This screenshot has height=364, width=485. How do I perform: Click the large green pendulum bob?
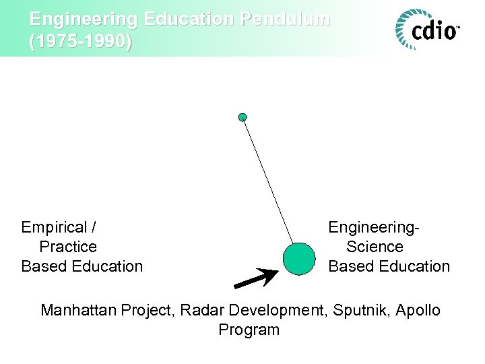pyautogui.click(x=299, y=259)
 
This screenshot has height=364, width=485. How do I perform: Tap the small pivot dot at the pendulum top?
pyautogui.click(x=243, y=117)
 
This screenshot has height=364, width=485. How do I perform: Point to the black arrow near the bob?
pyautogui.click(x=257, y=278)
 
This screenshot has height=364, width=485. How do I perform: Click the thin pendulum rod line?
pyautogui.click(x=268, y=182)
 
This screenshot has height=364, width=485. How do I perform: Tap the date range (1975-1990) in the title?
pyautogui.click(x=81, y=42)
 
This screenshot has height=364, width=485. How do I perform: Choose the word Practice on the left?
pyautogui.click(x=68, y=247)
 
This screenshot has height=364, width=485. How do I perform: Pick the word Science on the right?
pyautogui.click(x=375, y=247)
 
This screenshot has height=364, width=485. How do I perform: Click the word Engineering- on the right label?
pyautogui.click(x=374, y=227)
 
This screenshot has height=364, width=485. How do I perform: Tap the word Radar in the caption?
pyautogui.click(x=205, y=310)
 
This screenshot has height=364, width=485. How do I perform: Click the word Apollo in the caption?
pyautogui.click(x=418, y=310)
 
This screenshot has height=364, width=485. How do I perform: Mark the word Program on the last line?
pyautogui.click(x=249, y=330)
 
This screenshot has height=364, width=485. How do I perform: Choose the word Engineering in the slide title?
pyautogui.click(x=76, y=19)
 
